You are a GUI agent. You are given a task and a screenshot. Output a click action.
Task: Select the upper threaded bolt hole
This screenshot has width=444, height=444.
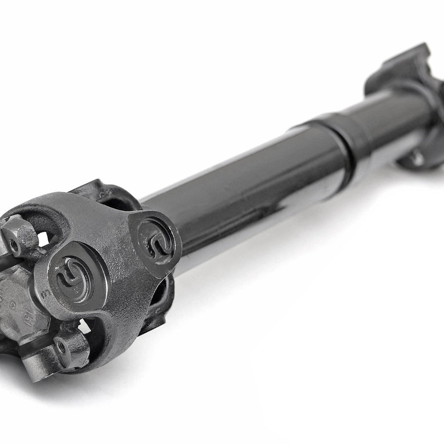click(15, 242)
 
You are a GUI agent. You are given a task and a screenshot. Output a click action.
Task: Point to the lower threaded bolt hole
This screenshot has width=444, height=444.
click(61, 347)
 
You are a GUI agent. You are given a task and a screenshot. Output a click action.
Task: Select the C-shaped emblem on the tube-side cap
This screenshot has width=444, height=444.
click(155, 237)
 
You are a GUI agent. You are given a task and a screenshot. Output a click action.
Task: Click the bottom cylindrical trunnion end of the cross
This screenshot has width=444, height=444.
click(54, 353)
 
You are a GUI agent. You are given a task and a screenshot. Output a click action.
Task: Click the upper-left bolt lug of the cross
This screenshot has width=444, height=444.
click(17, 237)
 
